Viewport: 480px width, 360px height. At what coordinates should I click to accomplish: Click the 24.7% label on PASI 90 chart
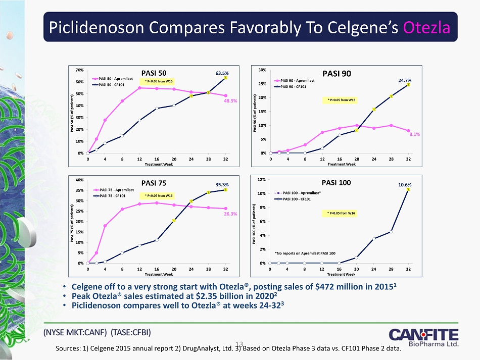tap(406, 80)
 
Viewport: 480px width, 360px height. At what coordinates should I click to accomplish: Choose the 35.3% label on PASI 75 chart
tap(223, 184)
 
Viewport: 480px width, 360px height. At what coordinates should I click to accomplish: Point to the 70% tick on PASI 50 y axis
tap(80, 70)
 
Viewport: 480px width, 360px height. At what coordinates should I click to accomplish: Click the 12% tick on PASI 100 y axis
tap(263, 180)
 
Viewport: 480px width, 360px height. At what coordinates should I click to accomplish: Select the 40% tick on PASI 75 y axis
tap(80, 180)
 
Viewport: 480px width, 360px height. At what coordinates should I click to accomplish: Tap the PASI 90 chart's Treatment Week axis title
tap(342, 164)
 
